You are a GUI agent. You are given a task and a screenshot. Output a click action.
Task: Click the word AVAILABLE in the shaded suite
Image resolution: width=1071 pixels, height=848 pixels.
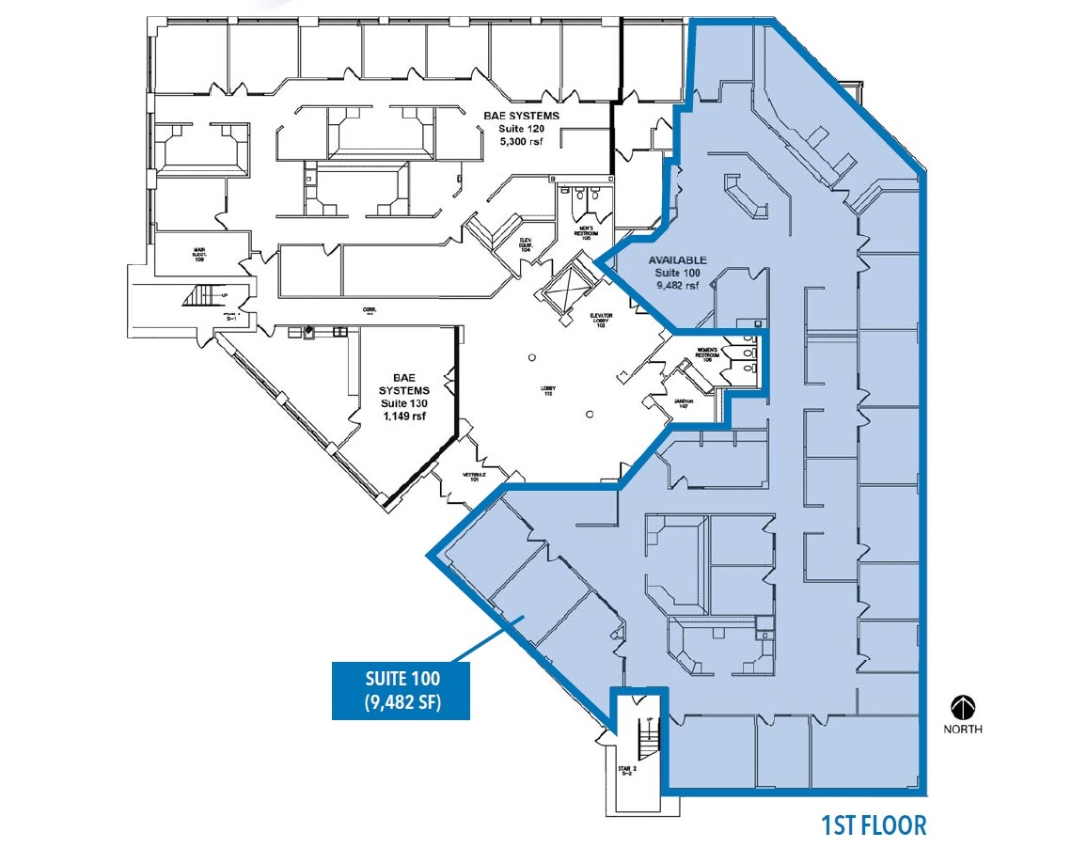coord(676,260)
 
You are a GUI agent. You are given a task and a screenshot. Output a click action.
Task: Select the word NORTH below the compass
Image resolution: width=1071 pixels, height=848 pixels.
coord(964,729)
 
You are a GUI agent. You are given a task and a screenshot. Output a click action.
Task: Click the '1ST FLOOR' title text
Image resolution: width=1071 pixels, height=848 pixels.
coord(873,825)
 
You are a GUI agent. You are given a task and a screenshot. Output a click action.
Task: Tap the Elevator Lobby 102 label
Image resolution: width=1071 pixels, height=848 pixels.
coord(602,321)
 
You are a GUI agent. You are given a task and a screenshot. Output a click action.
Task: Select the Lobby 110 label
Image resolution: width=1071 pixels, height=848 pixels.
coord(546,389)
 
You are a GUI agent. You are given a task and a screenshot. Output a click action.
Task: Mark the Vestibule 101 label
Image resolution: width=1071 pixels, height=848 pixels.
coord(473,477)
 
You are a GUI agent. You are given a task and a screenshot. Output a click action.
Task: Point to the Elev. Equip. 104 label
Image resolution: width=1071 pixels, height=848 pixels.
coord(527,245)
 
